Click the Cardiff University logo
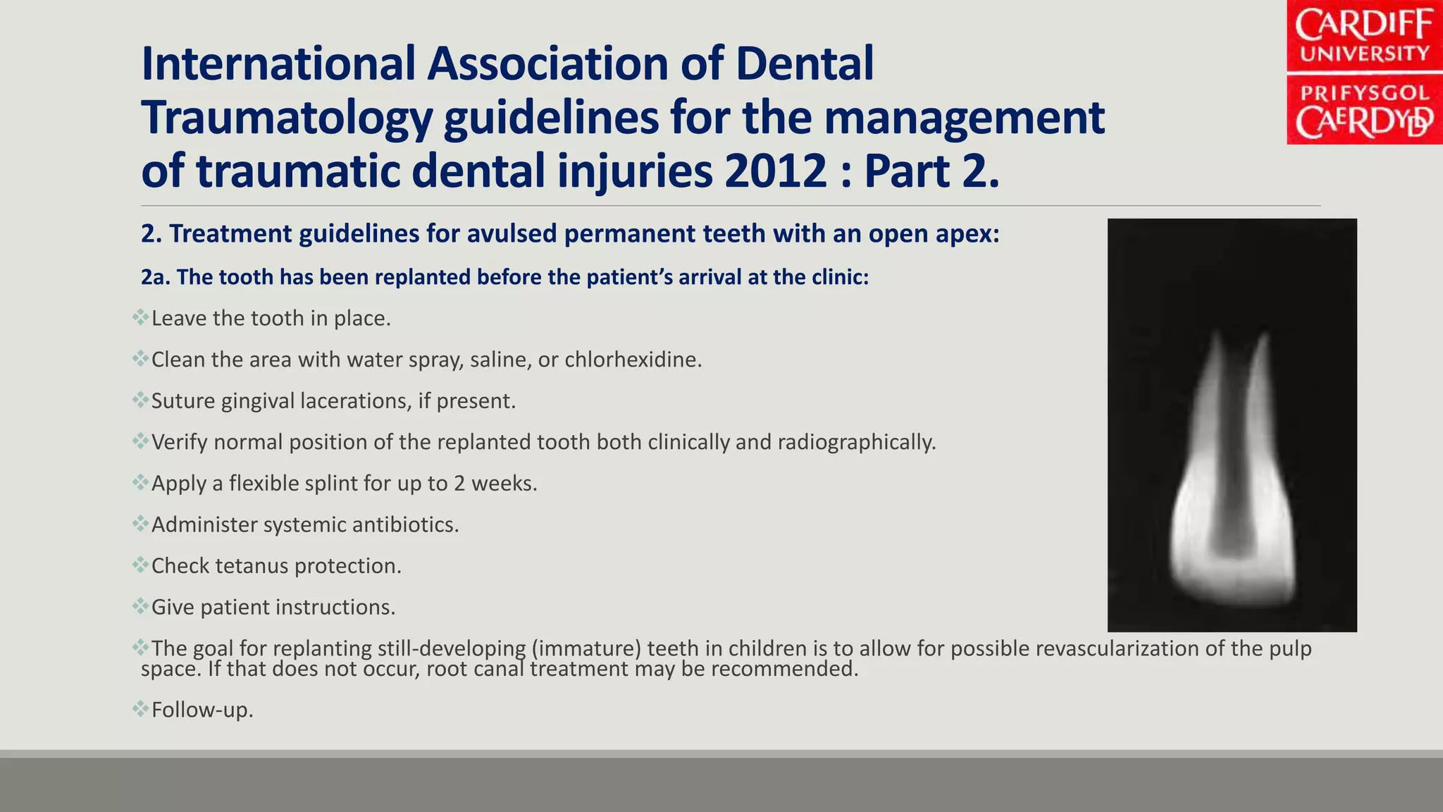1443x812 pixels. (1364, 72)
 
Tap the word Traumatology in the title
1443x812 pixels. (286, 118)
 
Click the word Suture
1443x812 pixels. (183, 401)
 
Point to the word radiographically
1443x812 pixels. (856, 443)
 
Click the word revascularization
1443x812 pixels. (1116, 648)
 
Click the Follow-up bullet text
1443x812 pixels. (202, 710)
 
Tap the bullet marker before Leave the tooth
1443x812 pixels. (140, 316)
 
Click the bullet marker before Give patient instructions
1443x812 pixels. (140, 605)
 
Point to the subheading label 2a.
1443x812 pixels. (155, 277)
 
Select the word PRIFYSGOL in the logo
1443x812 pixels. (1364, 93)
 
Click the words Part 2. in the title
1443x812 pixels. (931, 171)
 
